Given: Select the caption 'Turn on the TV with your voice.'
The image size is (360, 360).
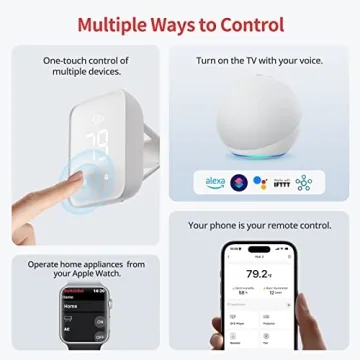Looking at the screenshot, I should [259, 61].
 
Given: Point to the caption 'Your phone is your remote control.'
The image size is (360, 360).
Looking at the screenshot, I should [259, 226].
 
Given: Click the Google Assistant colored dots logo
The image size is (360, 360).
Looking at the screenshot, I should [260, 182].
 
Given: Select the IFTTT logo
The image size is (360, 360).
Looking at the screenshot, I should [281, 182].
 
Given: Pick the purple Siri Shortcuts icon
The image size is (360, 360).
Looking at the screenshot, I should [238, 182].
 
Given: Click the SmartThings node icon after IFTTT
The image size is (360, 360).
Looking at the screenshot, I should [304, 182].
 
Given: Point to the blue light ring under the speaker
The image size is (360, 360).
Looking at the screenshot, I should [259, 155].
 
